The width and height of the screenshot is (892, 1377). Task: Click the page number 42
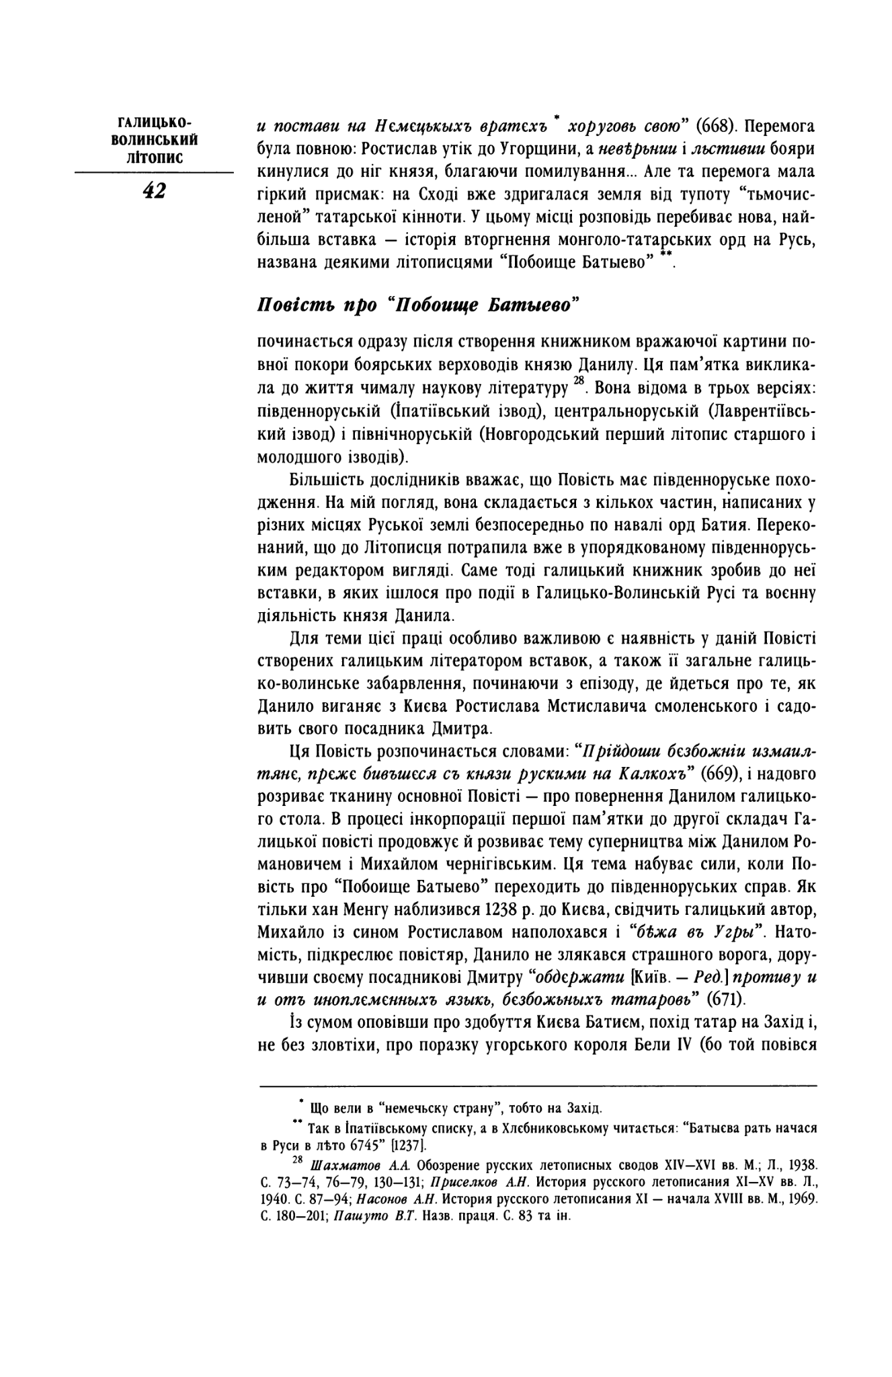click(153, 191)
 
